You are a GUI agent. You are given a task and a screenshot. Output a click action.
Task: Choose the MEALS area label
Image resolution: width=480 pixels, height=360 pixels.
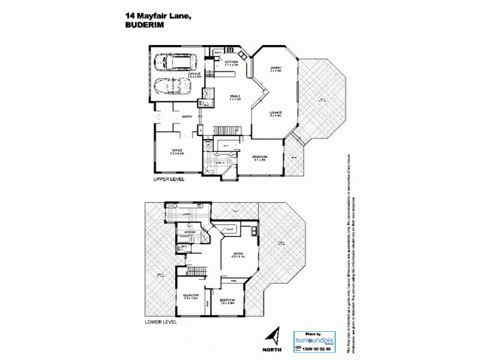(236, 97)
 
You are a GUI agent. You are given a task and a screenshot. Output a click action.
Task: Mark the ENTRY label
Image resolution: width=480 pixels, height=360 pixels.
(187, 116)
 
